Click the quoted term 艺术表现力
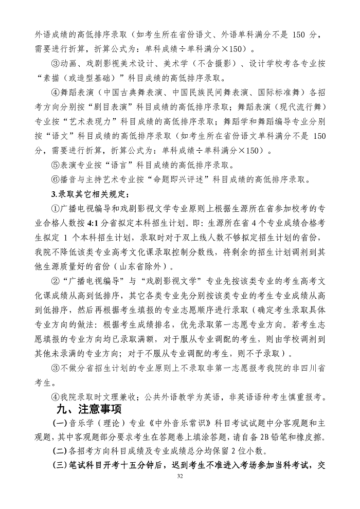point(107,123)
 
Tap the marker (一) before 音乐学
point(61,424)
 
